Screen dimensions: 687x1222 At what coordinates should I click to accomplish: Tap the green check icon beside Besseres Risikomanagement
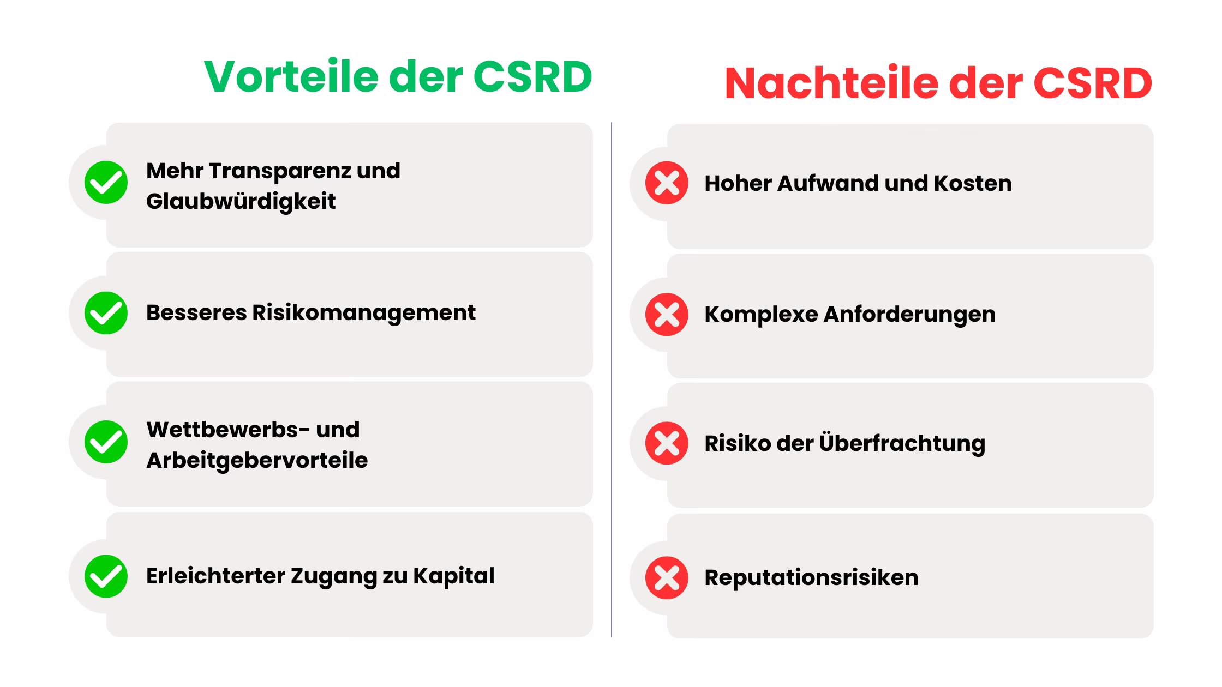tap(106, 313)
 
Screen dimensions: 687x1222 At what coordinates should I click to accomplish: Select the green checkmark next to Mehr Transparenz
tap(106, 182)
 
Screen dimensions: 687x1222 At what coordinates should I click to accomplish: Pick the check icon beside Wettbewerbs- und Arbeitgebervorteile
tap(106, 442)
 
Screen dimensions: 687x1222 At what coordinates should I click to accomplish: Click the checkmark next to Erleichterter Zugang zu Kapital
tap(106, 576)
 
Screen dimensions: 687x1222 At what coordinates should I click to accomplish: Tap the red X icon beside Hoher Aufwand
tap(667, 183)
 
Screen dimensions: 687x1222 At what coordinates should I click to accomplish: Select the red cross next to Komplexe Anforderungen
tap(667, 314)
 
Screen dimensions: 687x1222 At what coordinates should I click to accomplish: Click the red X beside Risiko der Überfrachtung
tap(667, 443)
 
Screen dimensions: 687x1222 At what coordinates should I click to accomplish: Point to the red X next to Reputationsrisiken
tap(667, 577)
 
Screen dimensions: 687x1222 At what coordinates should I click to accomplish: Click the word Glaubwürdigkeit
tap(241, 202)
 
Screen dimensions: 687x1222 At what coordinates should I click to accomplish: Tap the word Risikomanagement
tap(364, 313)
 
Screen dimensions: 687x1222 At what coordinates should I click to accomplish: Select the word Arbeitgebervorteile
tap(257, 461)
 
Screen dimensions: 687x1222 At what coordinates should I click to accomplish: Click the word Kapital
tap(453, 576)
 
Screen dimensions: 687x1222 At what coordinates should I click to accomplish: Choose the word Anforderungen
tap(909, 315)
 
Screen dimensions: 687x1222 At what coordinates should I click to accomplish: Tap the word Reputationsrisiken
tap(811, 578)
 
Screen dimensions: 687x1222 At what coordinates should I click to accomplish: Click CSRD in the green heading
tap(532, 76)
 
